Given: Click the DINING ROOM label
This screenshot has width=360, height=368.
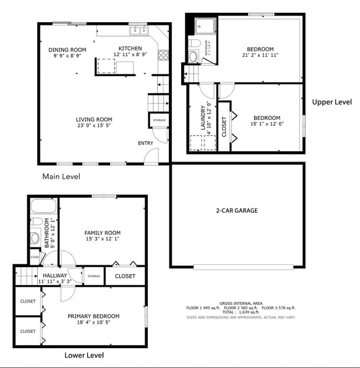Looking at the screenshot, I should click(67, 50).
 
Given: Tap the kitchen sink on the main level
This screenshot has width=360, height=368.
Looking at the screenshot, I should click(137, 31).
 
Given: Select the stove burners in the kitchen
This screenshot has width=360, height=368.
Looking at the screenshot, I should click(163, 55).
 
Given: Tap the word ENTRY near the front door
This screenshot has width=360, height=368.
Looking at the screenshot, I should click(146, 144).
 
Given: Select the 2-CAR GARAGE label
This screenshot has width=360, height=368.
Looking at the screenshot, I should click(236, 211).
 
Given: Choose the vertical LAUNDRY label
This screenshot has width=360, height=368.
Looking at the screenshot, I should click(203, 118).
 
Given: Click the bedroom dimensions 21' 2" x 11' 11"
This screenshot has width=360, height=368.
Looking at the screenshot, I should click(260, 55).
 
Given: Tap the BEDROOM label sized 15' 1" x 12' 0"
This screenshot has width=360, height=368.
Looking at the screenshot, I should click(267, 117).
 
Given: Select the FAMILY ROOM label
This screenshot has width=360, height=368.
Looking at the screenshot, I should click(102, 233).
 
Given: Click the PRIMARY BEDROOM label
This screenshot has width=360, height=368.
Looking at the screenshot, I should click(94, 316).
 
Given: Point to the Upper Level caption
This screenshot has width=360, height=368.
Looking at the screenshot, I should click(332, 102).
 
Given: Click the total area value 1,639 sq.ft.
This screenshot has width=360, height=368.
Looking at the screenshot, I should click(248, 313).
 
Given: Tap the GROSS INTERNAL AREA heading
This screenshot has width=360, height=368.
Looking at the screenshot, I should click(241, 303).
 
